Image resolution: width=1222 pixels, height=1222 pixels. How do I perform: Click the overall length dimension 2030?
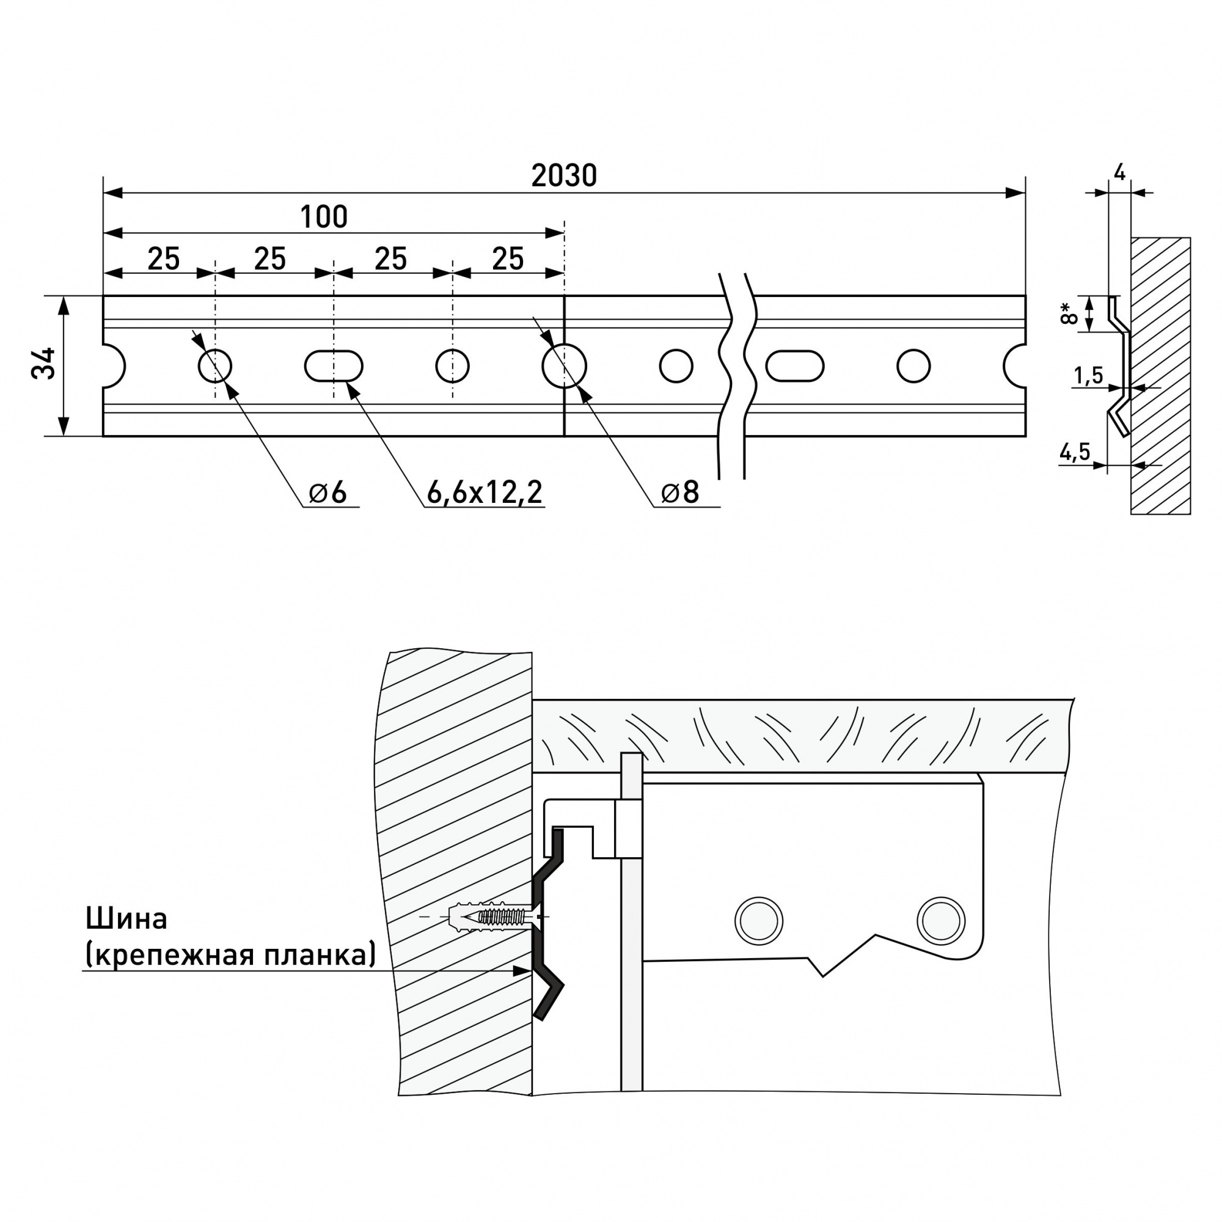[x=563, y=177]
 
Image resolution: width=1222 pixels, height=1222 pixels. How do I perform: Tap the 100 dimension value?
[x=323, y=218]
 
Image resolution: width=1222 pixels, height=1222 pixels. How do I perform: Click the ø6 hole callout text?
[x=328, y=492]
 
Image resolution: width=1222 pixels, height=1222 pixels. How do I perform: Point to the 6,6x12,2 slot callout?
[x=485, y=492]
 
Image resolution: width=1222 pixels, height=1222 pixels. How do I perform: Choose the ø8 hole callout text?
[x=680, y=492]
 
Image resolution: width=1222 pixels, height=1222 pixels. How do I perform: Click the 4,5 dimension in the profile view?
[x=1075, y=452]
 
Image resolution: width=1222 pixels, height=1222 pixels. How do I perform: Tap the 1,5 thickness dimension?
[x=1089, y=376]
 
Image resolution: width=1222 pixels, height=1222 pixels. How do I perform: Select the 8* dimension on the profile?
[x=1068, y=313]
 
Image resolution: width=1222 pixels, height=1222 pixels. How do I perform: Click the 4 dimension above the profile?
[x=1119, y=172]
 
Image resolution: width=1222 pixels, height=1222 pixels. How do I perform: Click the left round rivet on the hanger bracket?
[x=758, y=921]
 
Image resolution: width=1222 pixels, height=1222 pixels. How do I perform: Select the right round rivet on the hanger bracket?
[x=940, y=920]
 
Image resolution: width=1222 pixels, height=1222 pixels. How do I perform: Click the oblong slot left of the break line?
[x=334, y=366]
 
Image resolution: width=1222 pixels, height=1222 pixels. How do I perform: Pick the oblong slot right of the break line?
[x=794, y=365]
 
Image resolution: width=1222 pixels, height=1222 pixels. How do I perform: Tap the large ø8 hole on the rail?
[x=564, y=365]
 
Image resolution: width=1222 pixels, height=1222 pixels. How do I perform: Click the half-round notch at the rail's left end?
[x=114, y=365]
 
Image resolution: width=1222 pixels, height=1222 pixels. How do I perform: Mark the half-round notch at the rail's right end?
[x=1015, y=365]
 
